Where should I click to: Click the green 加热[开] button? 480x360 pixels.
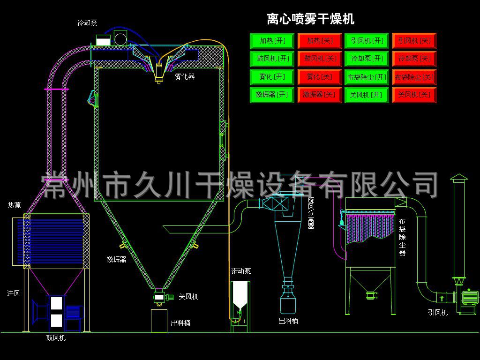[x=272, y=41]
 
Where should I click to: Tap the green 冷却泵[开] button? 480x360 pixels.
[x=367, y=59]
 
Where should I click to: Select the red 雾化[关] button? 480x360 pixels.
[x=320, y=76]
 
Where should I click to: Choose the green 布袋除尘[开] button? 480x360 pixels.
[x=367, y=77]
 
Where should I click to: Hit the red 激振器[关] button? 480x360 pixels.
[x=320, y=95]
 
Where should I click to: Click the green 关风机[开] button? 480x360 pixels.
[x=367, y=95]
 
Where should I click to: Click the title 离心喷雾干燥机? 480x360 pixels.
[x=310, y=19]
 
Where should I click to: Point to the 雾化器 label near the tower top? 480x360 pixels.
[x=184, y=76]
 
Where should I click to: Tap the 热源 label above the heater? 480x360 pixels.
[x=14, y=205]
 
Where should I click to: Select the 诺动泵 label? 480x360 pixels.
[x=241, y=271]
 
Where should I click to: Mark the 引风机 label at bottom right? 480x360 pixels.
[x=437, y=312]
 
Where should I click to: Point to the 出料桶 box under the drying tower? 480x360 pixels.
[x=159, y=321]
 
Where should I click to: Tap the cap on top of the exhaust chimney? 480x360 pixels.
[x=458, y=178]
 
